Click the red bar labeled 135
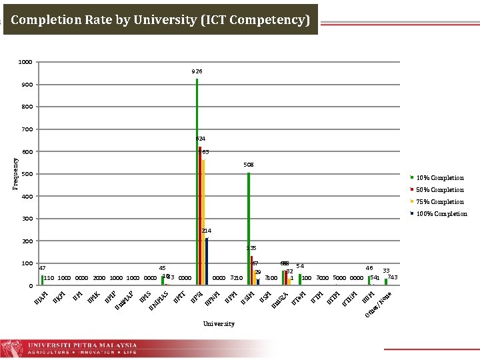(x=251, y=270)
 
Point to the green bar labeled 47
(x=42, y=280)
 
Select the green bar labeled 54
(x=300, y=279)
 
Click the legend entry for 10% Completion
(x=439, y=178)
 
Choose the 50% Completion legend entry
(x=439, y=190)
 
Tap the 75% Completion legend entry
(x=439, y=202)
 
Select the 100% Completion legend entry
(x=440, y=214)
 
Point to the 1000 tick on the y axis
(x=25, y=62)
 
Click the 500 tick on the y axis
(x=27, y=174)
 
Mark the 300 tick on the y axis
(x=27, y=219)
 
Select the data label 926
(x=197, y=71)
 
